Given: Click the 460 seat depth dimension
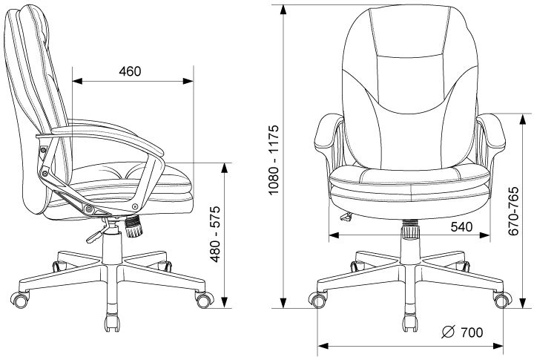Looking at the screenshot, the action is tap(130, 71).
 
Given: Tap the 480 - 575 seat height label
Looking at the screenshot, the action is tap(215, 234).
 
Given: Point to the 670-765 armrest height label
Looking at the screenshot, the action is tap(513, 211).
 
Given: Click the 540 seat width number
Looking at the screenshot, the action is tap(461, 226).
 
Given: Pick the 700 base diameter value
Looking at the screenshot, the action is tap(472, 332).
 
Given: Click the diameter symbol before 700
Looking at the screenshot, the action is tap(449, 332).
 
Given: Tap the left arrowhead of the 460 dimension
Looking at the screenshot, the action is tap(78, 81).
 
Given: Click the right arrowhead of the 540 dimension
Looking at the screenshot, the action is tap(484, 235).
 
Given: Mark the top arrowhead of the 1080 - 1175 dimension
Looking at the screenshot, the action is tap(283, 10).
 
